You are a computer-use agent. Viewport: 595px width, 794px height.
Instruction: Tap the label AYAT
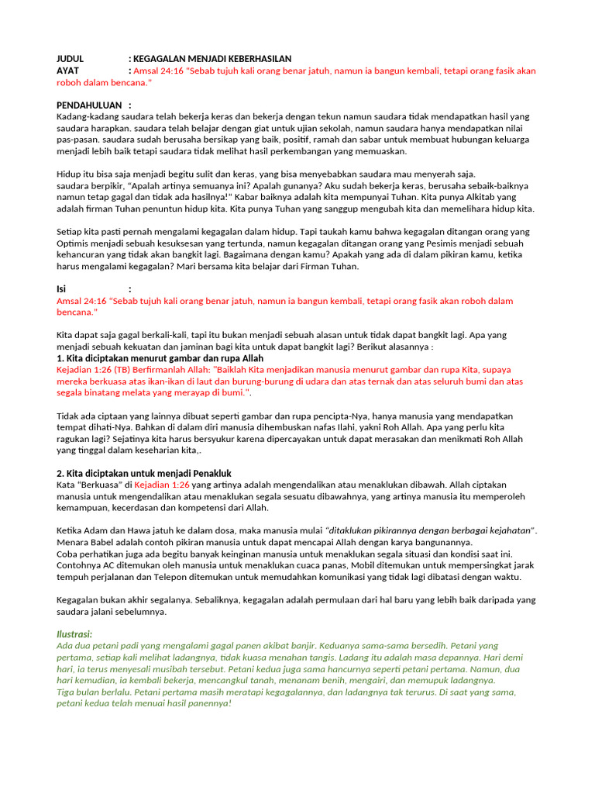click(68, 71)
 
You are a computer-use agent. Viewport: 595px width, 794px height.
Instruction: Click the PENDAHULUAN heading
click(89, 105)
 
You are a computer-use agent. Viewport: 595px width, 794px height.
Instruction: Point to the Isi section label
click(62, 288)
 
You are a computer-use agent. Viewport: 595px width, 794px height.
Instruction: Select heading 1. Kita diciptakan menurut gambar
click(160, 358)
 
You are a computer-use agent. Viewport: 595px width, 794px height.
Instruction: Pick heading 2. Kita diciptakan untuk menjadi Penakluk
click(144, 473)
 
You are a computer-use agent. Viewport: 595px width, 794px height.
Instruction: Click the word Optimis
click(73, 243)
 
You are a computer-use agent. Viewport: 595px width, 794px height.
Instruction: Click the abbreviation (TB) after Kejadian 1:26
click(124, 370)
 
